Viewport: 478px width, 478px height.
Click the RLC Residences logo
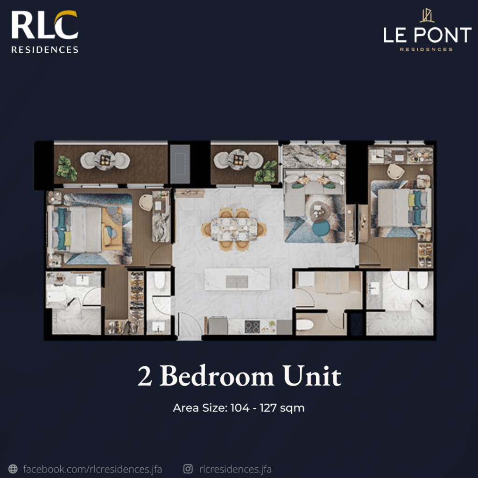[x=45, y=32]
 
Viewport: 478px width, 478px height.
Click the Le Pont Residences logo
[x=427, y=30]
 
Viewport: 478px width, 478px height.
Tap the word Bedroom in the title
[x=217, y=376]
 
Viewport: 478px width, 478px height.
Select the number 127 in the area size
[x=268, y=408]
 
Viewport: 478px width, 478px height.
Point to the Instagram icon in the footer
[x=188, y=469]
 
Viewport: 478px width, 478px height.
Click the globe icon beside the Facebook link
[x=13, y=469]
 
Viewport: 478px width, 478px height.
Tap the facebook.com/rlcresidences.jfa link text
[x=92, y=469]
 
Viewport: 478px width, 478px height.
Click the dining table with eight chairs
[x=234, y=229]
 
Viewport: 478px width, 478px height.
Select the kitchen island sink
[x=237, y=281]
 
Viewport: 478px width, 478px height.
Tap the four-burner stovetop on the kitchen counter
[x=252, y=327]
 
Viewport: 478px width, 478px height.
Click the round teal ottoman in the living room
[x=321, y=228]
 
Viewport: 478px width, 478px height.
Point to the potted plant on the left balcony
[x=66, y=168]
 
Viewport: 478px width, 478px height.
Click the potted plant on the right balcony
[x=266, y=172]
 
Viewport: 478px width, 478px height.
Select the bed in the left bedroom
[x=82, y=229]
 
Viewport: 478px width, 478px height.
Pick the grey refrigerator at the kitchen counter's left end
[x=218, y=325]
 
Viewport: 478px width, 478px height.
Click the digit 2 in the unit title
[x=145, y=376]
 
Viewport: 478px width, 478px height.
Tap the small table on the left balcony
[x=105, y=160]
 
